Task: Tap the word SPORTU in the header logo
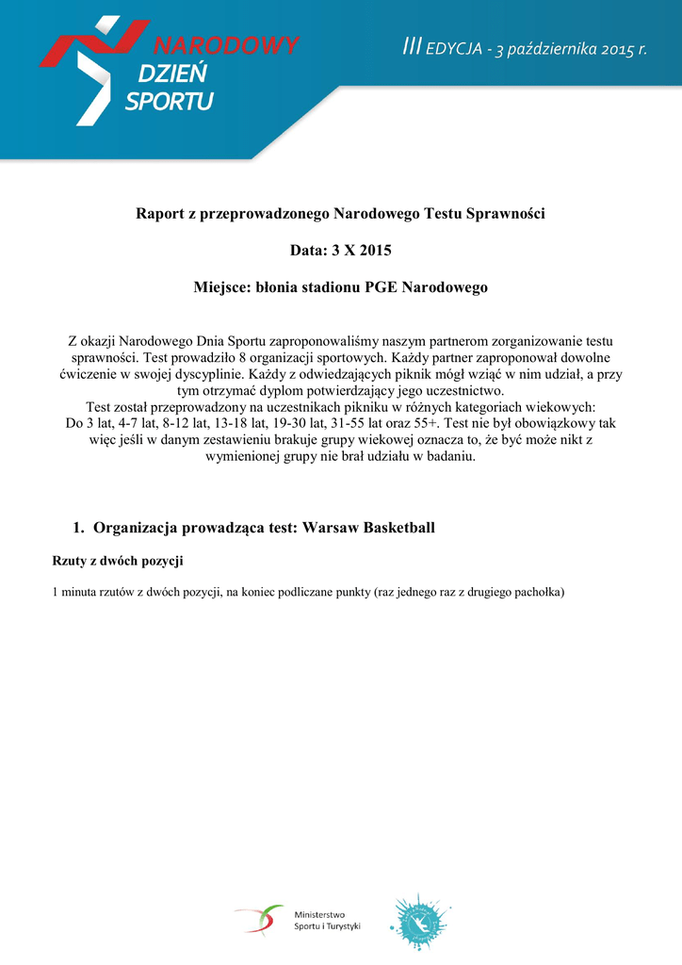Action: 169,101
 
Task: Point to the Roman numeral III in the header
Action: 411,47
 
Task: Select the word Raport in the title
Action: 161,214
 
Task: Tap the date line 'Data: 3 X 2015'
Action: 340,251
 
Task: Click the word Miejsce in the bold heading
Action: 219,286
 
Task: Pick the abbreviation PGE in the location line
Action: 382,286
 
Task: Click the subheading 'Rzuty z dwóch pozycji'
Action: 117,562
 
